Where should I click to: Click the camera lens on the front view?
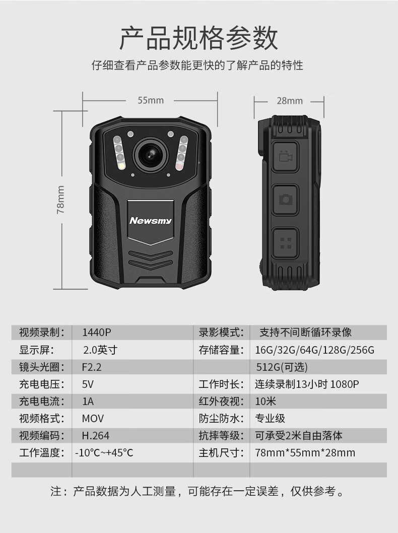click(150, 155)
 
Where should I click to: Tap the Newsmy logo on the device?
click(151, 221)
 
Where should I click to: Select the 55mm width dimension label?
click(151, 100)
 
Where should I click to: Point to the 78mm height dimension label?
click(60, 199)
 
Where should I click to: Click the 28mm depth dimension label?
click(290, 101)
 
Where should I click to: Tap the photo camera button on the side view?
click(285, 199)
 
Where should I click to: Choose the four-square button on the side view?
click(285, 243)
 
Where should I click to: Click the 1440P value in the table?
click(97, 332)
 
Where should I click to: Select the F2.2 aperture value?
click(92, 367)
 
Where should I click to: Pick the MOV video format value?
click(93, 419)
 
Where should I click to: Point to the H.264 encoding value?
click(96, 435)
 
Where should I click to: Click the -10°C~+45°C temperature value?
click(104, 453)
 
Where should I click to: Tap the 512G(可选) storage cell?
click(282, 367)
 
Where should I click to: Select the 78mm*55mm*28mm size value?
click(305, 453)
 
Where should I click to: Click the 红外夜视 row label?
click(221, 402)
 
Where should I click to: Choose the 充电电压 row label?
click(41, 384)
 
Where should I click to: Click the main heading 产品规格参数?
click(199, 38)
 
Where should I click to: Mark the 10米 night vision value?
click(266, 402)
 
